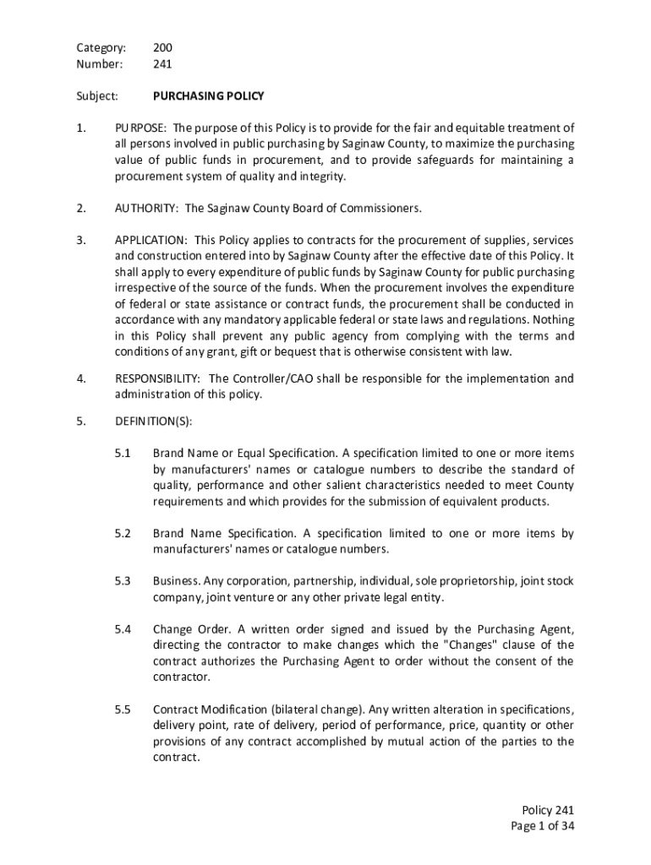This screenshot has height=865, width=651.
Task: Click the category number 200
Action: pyautogui.click(x=162, y=47)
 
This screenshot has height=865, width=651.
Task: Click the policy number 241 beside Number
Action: pyautogui.click(x=162, y=63)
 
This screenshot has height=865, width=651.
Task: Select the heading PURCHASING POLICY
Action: pyautogui.click(x=209, y=96)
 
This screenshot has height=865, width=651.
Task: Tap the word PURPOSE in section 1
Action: pyautogui.click(x=142, y=128)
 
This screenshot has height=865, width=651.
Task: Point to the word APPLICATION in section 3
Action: pyautogui.click(x=150, y=240)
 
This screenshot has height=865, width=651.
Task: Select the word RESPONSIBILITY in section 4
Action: pyautogui.click(x=157, y=379)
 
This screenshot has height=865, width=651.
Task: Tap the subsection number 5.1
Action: pyautogui.click(x=123, y=454)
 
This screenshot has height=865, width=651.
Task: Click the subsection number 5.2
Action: pyautogui.click(x=123, y=534)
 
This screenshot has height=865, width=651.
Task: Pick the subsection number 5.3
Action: pyautogui.click(x=123, y=582)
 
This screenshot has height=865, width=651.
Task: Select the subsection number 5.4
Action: pyautogui.click(x=123, y=629)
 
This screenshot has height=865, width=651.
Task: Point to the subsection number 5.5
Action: pyautogui.click(x=123, y=710)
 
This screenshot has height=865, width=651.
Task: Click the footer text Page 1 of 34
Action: pyautogui.click(x=542, y=826)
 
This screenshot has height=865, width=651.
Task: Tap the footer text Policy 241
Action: pyautogui.click(x=549, y=809)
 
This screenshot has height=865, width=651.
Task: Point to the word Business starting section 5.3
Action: pyautogui.click(x=176, y=582)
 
